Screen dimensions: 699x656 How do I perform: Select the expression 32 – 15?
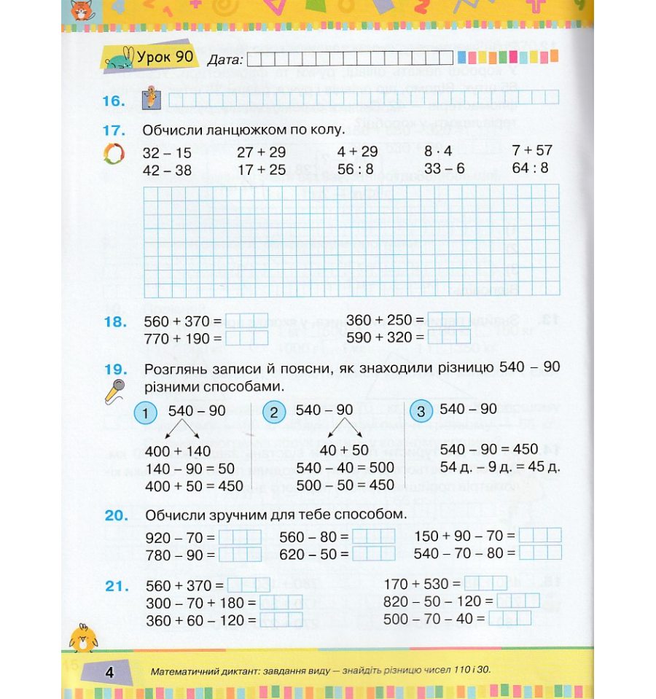tap(167, 153)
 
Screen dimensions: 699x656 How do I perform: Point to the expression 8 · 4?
tap(439, 152)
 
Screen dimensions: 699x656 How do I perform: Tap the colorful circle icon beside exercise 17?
tap(112, 155)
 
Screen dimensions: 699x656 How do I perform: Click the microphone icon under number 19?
tap(115, 391)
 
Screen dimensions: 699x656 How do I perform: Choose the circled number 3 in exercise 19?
tap(421, 411)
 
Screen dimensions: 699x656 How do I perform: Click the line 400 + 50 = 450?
tap(194, 485)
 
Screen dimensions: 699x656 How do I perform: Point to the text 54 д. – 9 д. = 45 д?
tap(499, 466)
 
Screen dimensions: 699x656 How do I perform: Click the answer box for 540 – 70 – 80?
tap(540, 553)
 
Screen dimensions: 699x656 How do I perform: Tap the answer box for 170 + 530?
tap(485, 583)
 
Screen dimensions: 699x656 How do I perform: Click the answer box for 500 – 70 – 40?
tap(509, 618)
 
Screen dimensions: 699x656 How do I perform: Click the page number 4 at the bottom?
tap(110, 672)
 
